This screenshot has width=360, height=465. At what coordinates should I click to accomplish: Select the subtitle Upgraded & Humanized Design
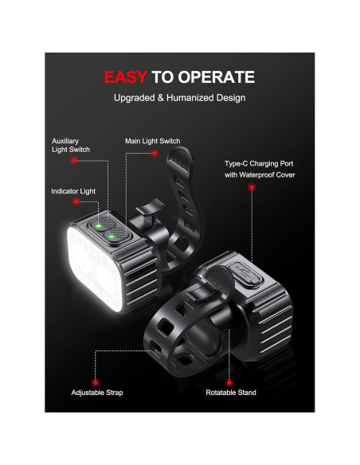pyautogui.click(x=179, y=98)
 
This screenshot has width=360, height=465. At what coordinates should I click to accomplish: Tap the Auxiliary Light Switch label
pyautogui.click(x=71, y=144)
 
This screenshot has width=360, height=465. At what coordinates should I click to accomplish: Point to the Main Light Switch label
pyautogui.click(x=153, y=141)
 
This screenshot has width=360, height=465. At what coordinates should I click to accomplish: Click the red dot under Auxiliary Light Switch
pyautogui.click(x=73, y=160)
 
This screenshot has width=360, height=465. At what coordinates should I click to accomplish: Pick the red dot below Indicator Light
pyautogui.click(x=73, y=205)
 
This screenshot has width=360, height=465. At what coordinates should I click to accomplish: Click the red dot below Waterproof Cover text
pyautogui.click(x=251, y=188)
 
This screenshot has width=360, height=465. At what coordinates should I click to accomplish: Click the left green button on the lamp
pyautogui.click(x=98, y=226)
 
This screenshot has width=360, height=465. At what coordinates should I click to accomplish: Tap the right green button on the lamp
pyautogui.click(x=112, y=236)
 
